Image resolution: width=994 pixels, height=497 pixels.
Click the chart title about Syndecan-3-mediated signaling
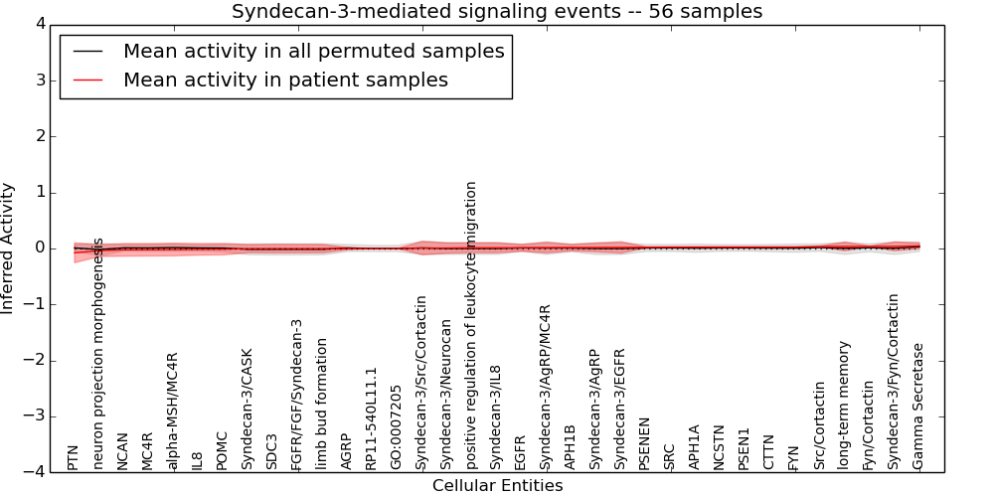click(497, 12)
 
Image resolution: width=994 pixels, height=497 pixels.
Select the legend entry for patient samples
click(285, 80)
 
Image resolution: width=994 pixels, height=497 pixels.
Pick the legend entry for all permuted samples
click(313, 51)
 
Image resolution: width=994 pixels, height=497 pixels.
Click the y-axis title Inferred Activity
click(9, 248)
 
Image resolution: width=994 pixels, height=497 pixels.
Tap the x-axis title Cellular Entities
click(497, 486)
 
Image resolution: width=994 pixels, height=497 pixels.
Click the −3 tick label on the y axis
click(40, 416)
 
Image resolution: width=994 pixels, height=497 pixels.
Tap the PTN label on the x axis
click(73, 457)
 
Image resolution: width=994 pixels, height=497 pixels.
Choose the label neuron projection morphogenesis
click(97, 354)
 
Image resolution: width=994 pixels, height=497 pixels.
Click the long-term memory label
click(844, 405)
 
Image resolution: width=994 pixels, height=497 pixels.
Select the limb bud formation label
click(321, 404)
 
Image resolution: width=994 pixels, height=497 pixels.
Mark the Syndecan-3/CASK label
click(247, 409)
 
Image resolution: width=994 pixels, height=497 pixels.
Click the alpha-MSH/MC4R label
click(172, 411)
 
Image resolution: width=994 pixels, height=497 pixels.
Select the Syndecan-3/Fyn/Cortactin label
click(894, 382)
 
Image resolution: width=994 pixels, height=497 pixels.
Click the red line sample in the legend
click(86, 80)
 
